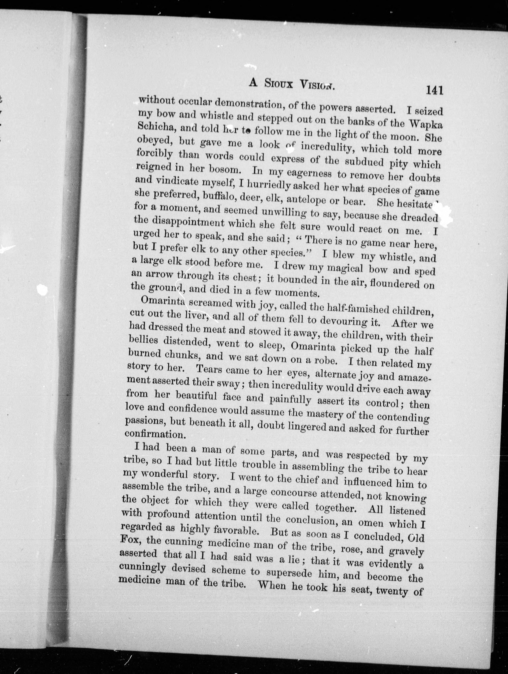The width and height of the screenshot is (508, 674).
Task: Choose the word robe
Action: [x=326, y=361]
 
